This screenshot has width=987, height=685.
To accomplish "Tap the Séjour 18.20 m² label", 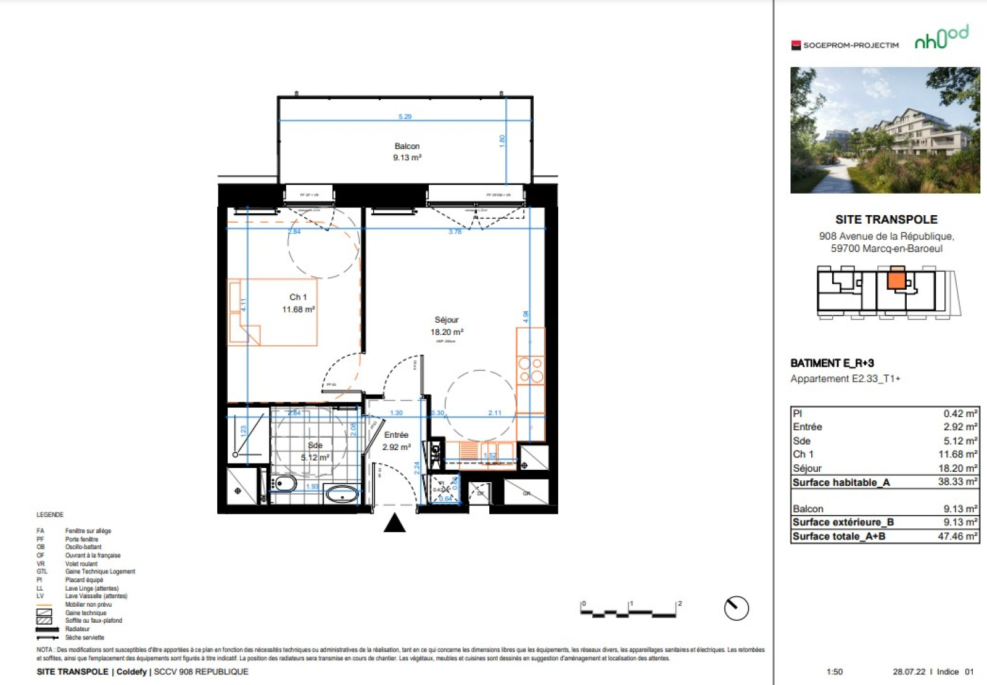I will pyautogui.click(x=447, y=326).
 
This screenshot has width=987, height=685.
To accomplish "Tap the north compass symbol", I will pyautogui.click(x=736, y=608).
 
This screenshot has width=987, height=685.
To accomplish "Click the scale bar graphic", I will pyautogui.click(x=629, y=611).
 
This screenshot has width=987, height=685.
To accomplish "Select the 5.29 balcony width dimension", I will pyautogui.click(x=405, y=117).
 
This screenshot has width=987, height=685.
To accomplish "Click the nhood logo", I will pyautogui.click(x=941, y=38).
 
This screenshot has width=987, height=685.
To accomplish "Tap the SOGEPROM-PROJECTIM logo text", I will pyautogui.click(x=850, y=45).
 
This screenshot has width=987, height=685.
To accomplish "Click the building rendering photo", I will pyautogui.click(x=885, y=130).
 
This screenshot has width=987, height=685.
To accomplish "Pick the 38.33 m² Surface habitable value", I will pyautogui.click(x=957, y=482).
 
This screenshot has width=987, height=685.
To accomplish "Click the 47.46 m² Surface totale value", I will pyautogui.click(x=957, y=536).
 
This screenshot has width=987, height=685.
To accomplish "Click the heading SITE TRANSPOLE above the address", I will pyautogui.click(x=886, y=219).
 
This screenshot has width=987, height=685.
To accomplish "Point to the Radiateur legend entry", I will pyautogui.click(x=77, y=629).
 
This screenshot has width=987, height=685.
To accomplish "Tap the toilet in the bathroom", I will pyautogui.click(x=284, y=483).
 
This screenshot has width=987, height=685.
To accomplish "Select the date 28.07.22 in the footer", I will pyautogui.click(x=909, y=671).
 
